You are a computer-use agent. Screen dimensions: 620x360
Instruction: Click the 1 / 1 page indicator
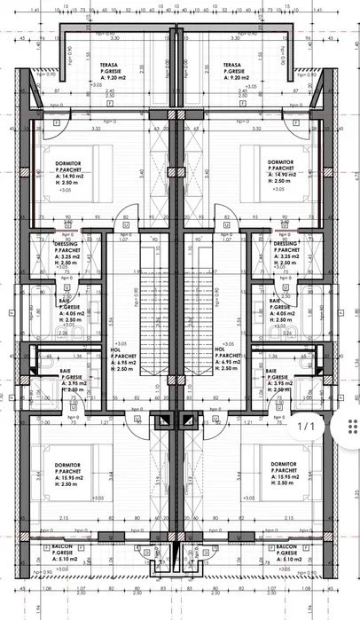coord(304,427)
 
